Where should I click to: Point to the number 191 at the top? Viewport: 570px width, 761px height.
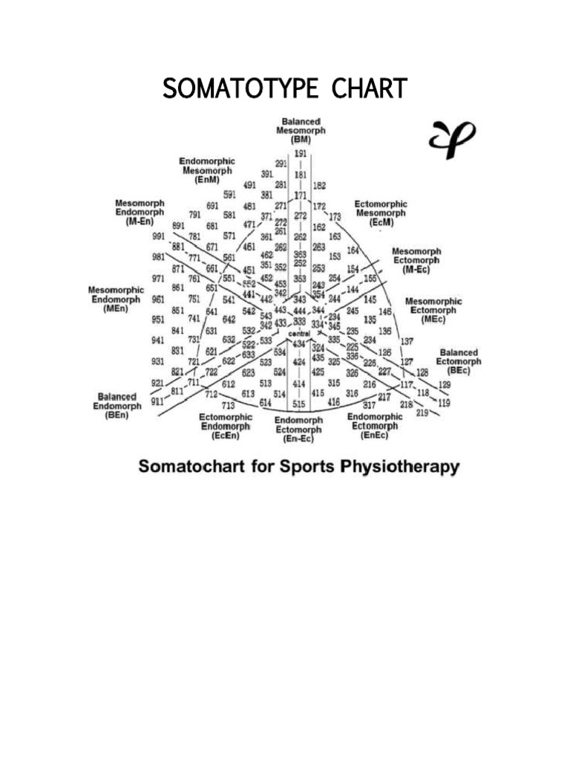pyautogui.click(x=301, y=154)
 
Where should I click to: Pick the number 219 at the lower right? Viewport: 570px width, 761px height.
pyautogui.click(x=422, y=412)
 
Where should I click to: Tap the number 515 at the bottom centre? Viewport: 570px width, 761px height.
pyautogui.click(x=299, y=404)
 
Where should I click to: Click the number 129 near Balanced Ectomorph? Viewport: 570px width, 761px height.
pyautogui.click(x=445, y=384)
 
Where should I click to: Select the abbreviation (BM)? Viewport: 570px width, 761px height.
pyautogui.click(x=301, y=140)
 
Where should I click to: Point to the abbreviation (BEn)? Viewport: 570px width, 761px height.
pyautogui.click(x=117, y=415)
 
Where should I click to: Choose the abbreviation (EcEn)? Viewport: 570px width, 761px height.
pyautogui.click(x=226, y=436)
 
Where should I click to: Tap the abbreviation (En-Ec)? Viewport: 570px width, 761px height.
pyautogui.click(x=299, y=438)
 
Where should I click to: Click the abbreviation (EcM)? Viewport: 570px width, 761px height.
pyautogui.click(x=380, y=222)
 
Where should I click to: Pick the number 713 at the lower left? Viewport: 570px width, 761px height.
pyautogui.click(x=228, y=405)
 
